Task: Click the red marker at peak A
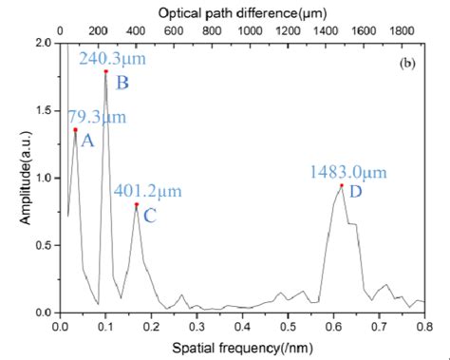(x=75, y=129)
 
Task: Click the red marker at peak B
(x=106, y=71)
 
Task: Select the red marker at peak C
(x=137, y=204)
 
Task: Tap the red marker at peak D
(x=341, y=185)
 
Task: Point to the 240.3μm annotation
(x=107, y=58)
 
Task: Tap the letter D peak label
(x=355, y=193)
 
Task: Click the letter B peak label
(x=122, y=84)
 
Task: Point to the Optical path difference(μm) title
(x=241, y=14)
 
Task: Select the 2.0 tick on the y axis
(x=41, y=44)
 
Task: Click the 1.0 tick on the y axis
(x=41, y=178)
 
